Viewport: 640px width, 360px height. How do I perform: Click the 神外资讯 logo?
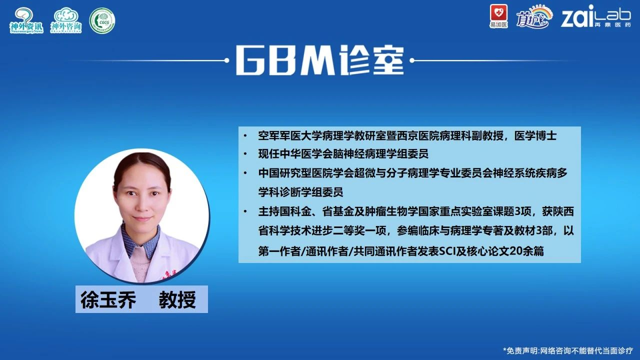pyautogui.click(x=26, y=20)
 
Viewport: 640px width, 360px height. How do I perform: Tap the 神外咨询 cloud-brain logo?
pyautogui.click(x=66, y=20)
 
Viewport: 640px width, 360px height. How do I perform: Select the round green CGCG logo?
pyautogui.click(x=102, y=20)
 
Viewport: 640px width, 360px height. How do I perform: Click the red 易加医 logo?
pyautogui.click(x=498, y=16)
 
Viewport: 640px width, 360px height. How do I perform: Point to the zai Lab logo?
pyautogui.click(x=595, y=16)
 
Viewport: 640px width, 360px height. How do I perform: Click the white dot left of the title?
pyautogui.click(x=227, y=60)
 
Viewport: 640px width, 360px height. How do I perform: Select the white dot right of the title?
pyautogui.click(x=412, y=60)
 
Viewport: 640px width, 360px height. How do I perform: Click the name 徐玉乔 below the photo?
pyautogui.click(x=108, y=299)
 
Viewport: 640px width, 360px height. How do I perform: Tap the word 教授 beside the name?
pyautogui.click(x=177, y=299)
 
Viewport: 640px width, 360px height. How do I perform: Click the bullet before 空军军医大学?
pyautogui.click(x=245, y=135)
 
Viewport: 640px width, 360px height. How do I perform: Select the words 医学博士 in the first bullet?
pyautogui.click(x=535, y=135)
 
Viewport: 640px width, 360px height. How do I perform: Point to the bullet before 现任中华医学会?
pyautogui.click(x=245, y=154)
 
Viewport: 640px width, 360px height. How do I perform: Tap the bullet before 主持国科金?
pyautogui.click(x=245, y=212)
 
